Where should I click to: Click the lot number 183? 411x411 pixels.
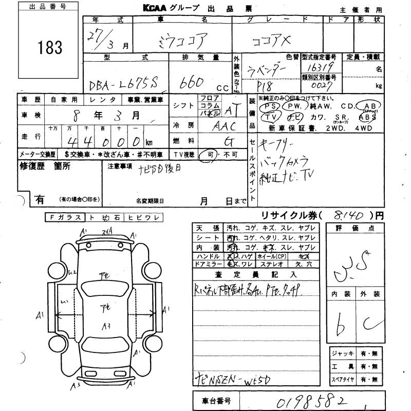tap(50, 48)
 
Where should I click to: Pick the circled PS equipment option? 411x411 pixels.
tap(270, 106)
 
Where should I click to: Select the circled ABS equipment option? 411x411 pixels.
tap(370, 117)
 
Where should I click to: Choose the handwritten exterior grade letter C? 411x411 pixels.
tap(368, 323)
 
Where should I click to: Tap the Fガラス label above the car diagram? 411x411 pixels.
tap(63, 218)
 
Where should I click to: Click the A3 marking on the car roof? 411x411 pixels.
tap(106, 325)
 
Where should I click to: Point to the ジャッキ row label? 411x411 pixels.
tap(343, 353)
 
